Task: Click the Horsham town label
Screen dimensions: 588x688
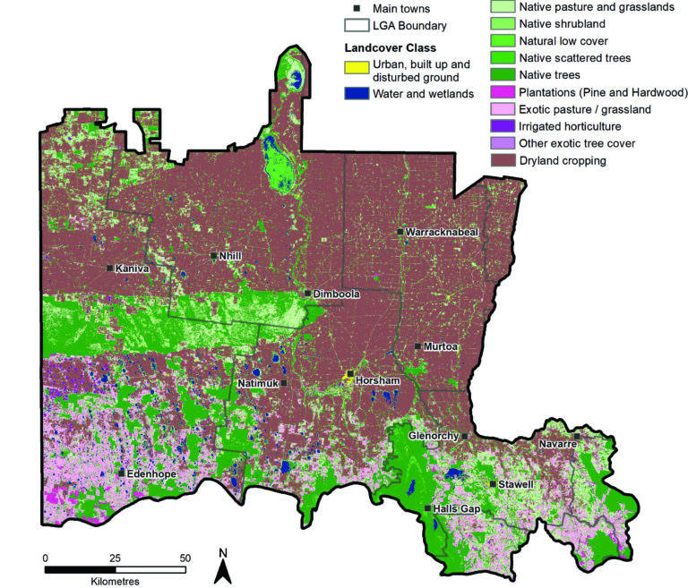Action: click(376, 381)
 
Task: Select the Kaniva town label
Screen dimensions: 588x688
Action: click(133, 268)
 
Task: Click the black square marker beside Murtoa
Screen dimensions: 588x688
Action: click(417, 346)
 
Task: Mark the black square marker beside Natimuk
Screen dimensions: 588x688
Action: click(284, 383)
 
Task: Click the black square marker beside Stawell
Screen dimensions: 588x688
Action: click(492, 484)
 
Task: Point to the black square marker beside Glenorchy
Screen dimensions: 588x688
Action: click(465, 436)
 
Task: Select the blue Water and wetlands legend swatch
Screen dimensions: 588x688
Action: click(354, 93)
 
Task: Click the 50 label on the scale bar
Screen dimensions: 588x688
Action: click(185, 558)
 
